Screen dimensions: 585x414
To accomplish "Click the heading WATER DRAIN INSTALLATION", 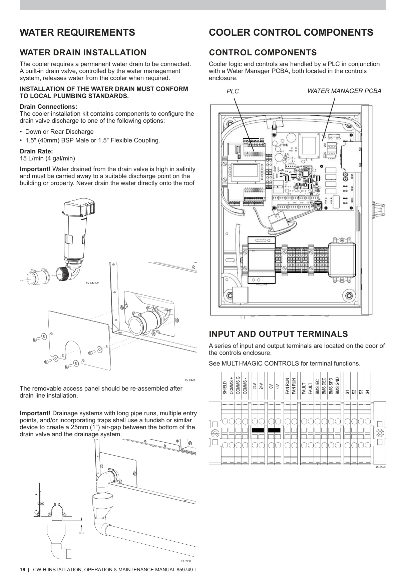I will tap(83, 53).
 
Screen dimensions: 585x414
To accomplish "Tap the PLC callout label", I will tap(233, 91).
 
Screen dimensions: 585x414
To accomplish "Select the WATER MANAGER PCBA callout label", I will tap(344, 91).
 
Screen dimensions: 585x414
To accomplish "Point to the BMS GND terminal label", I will tap(337, 386).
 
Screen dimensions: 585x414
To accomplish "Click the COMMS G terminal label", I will tap(238, 385).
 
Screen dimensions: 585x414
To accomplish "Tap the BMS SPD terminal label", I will tap(331, 386).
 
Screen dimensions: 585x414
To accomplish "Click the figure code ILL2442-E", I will tap(92, 283).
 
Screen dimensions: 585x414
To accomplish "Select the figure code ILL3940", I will tap(381, 467).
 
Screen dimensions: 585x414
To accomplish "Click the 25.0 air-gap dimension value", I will tap(81, 533).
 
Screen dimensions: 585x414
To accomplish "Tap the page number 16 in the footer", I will tap(22, 570).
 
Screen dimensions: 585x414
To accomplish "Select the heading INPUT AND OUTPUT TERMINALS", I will tap(278, 334).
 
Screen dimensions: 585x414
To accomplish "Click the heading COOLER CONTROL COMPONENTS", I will tap(291, 33).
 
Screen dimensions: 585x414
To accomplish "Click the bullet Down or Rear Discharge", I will tap(59, 132).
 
